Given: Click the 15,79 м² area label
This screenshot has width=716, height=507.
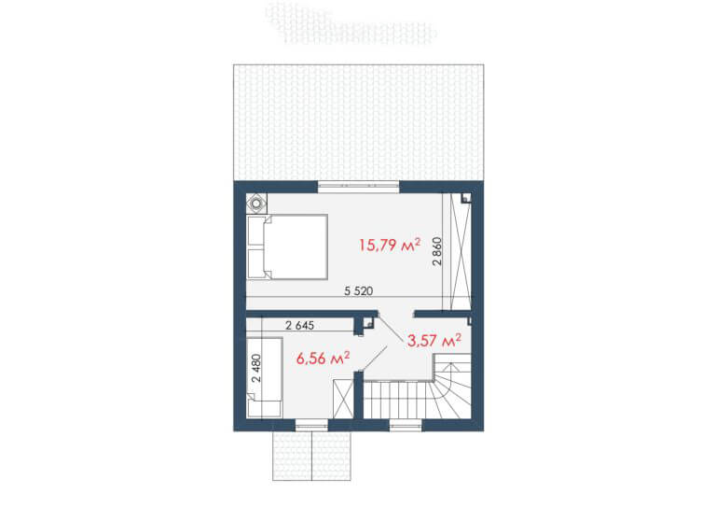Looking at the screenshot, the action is click(x=390, y=245).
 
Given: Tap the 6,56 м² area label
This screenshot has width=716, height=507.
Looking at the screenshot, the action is click(x=324, y=358).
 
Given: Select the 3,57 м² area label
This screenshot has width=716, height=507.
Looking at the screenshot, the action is click(x=434, y=340).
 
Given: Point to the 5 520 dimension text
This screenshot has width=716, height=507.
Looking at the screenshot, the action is click(x=358, y=290).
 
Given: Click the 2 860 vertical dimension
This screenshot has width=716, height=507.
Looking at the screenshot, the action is click(x=437, y=251).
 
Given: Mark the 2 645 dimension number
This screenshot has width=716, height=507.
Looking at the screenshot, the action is click(x=299, y=326).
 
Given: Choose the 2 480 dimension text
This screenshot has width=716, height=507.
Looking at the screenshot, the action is click(x=256, y=368).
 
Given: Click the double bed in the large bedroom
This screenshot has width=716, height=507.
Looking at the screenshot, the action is click(x=287, y=246).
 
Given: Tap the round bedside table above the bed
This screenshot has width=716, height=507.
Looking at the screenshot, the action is click(x=256, y=203).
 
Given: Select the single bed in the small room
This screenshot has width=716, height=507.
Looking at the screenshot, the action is click(x=265, y=377).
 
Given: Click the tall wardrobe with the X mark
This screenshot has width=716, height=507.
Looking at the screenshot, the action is click(x=461, y=251).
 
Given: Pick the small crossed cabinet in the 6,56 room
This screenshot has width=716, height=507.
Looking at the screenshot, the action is click(x=343, y=399).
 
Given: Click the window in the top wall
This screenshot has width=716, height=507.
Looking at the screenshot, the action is click(x=358, y=186).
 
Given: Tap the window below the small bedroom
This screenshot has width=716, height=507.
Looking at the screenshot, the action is click(x=312, y=426).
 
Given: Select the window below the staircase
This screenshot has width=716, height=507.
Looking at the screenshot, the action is click(x=406, y=426).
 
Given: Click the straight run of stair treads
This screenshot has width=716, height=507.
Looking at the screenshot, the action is click(x=396, y=400).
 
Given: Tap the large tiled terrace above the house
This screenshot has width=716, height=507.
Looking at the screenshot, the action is click(x=358, y=122).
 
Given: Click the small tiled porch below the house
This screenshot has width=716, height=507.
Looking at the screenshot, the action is click(x=312, y=456).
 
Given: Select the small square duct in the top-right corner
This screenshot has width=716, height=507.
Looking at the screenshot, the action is click(x=466, y=198).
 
